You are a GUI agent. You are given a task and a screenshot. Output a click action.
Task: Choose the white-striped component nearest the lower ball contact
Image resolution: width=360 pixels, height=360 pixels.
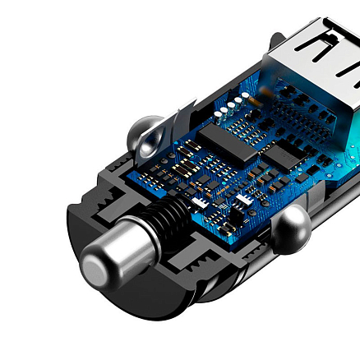coord(245,201)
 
